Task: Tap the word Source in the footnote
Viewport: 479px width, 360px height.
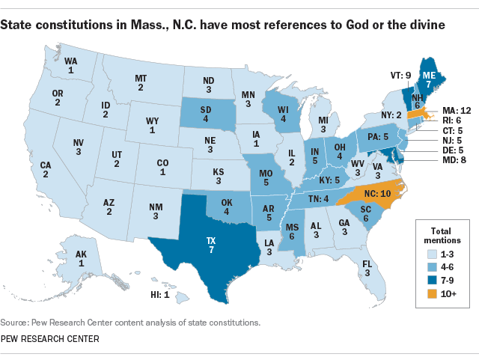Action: [x=16, y=323]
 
